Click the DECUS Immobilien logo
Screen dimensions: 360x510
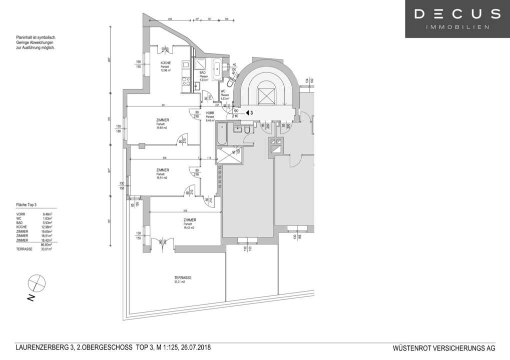pyautogui.click(x=457, y=19)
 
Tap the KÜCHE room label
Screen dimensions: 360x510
pyautogui.click(x=166, y=63)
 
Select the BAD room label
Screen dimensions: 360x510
pyautogui.click(x=203, y=73)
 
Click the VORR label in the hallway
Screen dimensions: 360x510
pyautogui.click(x=210, y=113)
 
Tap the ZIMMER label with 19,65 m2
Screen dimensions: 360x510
pyautogui.click(x=162, y=120)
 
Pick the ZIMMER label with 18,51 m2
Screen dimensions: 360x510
pyautogui.click(x=162, y=170)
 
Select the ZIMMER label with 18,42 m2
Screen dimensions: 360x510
pyautogui.click(x=189, y=220)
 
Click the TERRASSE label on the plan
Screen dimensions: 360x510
pyautogui.click(x=183, y=278)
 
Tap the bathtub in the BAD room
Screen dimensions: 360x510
pyautogui.click(x=218, y=70)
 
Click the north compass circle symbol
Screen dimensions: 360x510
pyautogui.click(x=36, y=283)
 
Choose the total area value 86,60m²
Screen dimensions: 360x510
pyautogui.click(x=47, y=244)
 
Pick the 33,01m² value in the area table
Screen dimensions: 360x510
pyautogui.click(x=47, y=248)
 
